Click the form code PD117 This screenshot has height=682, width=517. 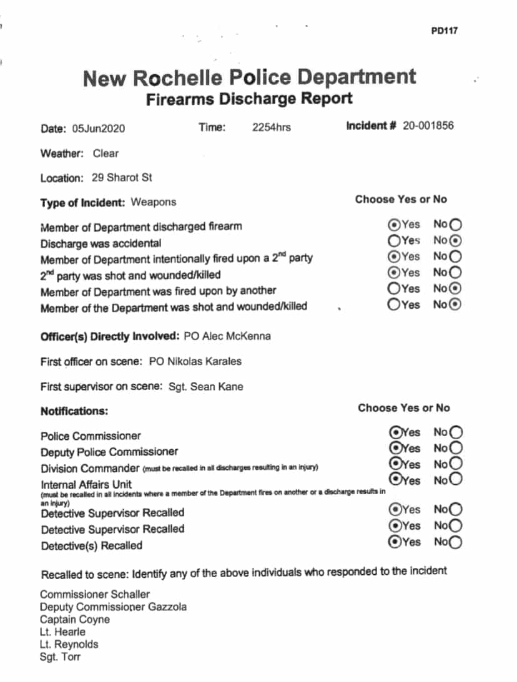pyautogui.click(x=444, y=31)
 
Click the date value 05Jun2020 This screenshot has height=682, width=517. pyautogui.click(x=98, y=129)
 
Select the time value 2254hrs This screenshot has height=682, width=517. pyautogui.click(x=271, y=128)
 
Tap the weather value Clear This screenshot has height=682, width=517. pyautogui.click(x=106, y=153)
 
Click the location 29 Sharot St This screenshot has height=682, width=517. pyautogui.click(x=122, y=178)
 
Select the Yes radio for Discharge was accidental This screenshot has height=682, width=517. pyautogui.click(x=394, y=240)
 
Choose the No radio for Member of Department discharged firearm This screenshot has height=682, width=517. pyautogui.click(x=456, y=225)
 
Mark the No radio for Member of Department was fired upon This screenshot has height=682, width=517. pyautogui.click(x=456, y=289)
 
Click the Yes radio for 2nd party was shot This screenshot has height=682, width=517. pyautogui.click(x=394, y=273)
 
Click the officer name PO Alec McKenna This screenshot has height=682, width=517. pyautogui.click(x=228, y=337)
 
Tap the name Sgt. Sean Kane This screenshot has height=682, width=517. pyautogui.click(x=206, y=387)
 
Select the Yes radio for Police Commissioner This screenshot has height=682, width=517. pyautogui.click(x=395, y=432)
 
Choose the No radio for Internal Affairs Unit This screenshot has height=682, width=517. pyautogui.click(x=456, y=480)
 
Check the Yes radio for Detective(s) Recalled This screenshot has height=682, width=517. pyautogui.click(x=395, y=542)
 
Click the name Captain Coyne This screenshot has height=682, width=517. pyautogui.click(x=75, y=620)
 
